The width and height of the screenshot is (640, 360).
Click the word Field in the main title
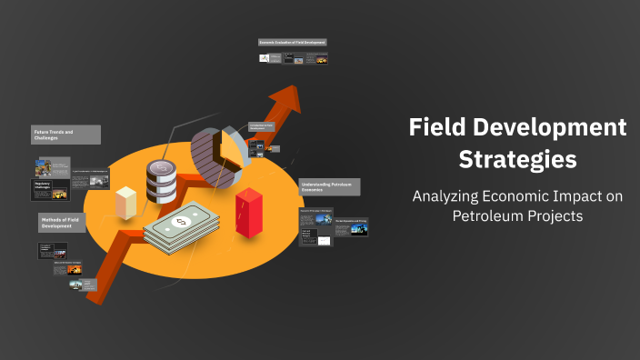pos(441,127)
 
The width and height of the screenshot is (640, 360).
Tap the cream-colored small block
pos(125,201)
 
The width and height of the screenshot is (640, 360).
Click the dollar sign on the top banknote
pos(181,221)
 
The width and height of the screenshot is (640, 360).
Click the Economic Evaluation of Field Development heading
pos(292,42)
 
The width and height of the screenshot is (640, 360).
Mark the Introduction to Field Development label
pos(263,127)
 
